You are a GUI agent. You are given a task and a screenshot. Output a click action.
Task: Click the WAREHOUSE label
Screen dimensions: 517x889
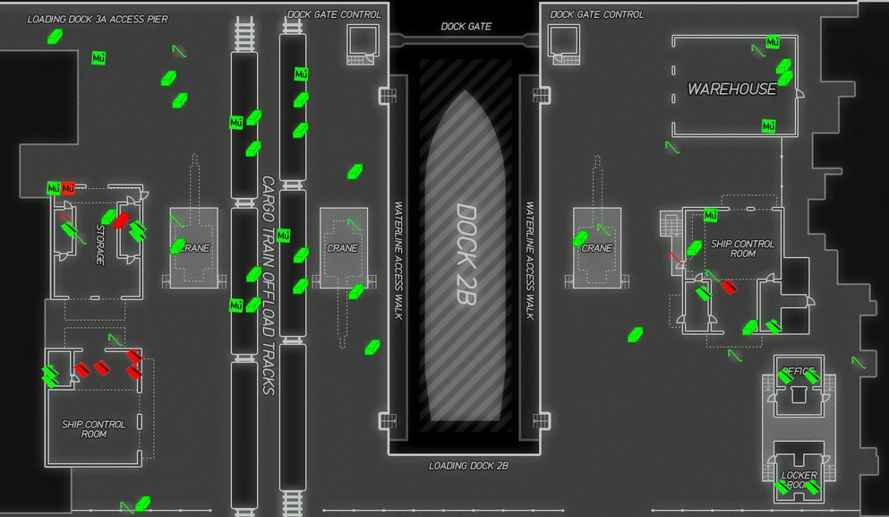[x=731, y=90]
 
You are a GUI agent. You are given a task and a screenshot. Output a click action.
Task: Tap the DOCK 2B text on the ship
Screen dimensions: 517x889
[x=466, y=254]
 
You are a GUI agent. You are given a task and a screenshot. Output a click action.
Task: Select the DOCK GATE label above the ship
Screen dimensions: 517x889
[x=466, y=27]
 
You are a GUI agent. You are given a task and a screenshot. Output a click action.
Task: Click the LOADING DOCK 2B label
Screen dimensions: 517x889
[x=468, y=466]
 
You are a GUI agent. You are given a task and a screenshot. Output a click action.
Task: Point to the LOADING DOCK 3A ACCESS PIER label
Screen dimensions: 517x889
[x=98, y=19]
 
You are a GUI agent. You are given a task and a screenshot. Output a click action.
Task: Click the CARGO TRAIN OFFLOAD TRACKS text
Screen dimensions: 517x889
[x=267, y=285]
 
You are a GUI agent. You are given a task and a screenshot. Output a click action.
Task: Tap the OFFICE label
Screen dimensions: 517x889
[x=799, y=372]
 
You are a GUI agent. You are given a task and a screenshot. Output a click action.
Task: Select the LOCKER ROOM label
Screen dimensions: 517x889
[x=799, y=480]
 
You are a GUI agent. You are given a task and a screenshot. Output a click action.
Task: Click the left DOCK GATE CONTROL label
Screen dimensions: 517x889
[x=334, y=14]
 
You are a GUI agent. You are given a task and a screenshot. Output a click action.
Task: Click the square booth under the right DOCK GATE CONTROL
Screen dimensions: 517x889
[x=563, y=40]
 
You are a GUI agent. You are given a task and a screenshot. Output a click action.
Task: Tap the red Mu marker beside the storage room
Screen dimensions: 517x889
[x=68, y=188]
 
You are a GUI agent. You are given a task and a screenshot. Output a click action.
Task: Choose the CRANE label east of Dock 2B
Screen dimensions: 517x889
[x=597, y=248]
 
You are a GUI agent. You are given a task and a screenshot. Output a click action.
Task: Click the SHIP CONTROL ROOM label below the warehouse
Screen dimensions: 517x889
[x=742, y=248]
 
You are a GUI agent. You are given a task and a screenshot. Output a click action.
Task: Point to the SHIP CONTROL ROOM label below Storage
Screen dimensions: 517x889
[x=93, y=429]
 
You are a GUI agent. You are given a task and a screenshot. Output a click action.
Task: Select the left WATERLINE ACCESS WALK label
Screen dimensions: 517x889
[x=398, y=260]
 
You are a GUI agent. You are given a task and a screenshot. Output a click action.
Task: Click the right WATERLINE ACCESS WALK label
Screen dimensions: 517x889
[x=530, y=260]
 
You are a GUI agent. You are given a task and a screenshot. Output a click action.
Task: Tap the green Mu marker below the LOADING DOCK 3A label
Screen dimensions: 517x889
[x=98, y=58]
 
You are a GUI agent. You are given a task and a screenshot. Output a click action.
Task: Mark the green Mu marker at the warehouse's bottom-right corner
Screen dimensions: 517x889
[x=768, y=126]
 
